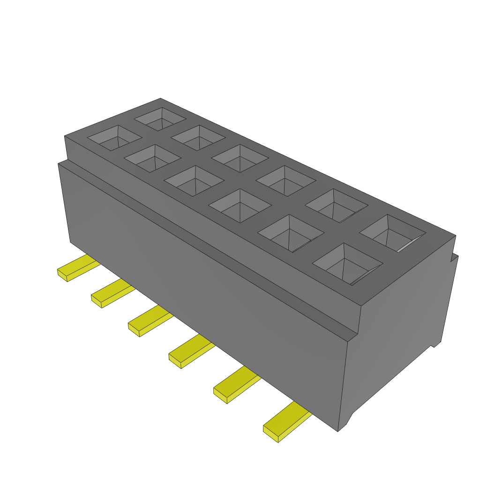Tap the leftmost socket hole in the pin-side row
(x=115, y=138)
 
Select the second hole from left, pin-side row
(x=152, y=158)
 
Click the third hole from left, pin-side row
(x=193, y=180)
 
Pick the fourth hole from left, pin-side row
(x=240, y=206)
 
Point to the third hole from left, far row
(x=240, y=158)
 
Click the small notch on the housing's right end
(x=435, y=345)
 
